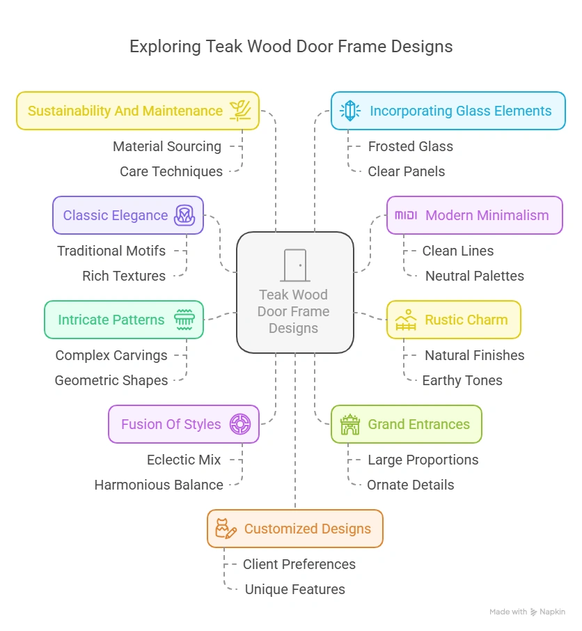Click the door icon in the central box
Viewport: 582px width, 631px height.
(294, 265)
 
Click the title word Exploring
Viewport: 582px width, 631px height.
(164, 47)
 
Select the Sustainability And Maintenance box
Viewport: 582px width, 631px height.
(137, 111)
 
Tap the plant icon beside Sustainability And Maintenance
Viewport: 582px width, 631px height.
(240, 111)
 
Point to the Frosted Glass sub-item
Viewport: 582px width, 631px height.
(410, 146)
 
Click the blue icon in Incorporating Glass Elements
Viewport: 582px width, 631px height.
(349, 111)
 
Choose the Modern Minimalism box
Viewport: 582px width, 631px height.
(474, 215)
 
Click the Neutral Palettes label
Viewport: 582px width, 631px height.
(474, 276)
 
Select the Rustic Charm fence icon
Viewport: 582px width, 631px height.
(406, 320)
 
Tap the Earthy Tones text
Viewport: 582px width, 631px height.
(462, 380)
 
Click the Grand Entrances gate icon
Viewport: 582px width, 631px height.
(349, 424)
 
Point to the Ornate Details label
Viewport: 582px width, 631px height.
(410, 485)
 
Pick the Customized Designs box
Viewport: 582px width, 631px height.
(294, 529)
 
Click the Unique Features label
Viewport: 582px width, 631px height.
(294, 589)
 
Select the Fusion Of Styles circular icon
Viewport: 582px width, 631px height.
(240, 424)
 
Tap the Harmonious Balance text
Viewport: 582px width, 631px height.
(159, 485)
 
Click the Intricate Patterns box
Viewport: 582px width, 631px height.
(124, 320)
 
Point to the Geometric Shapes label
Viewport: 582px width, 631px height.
(111, 380)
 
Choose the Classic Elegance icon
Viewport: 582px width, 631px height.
(184, 215)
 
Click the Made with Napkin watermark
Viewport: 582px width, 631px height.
(527, 611)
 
